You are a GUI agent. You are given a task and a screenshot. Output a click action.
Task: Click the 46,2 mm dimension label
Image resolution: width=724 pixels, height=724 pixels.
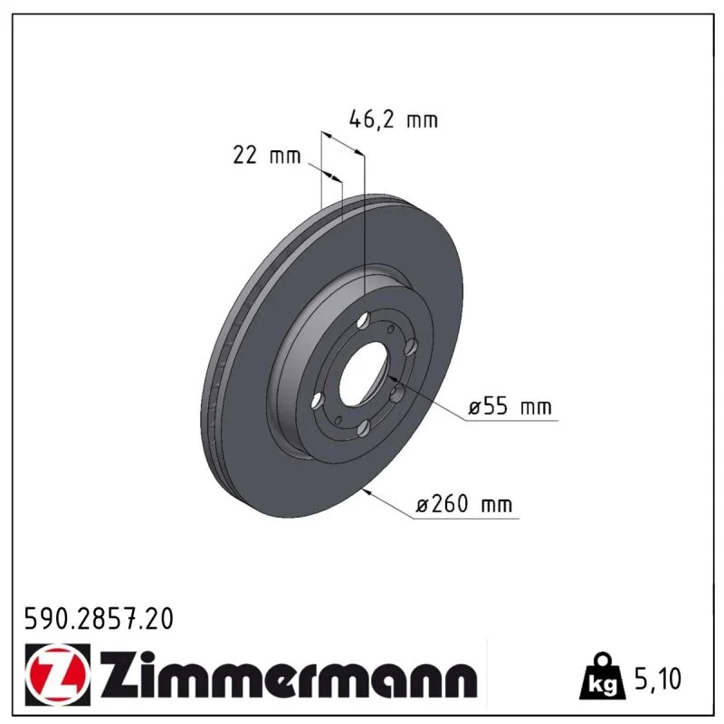point(394,119)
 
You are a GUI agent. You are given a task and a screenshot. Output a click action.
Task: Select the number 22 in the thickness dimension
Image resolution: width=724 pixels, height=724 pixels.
point(244,155)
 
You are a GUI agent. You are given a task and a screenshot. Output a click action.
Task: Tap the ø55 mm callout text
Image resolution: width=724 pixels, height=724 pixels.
point(510,406)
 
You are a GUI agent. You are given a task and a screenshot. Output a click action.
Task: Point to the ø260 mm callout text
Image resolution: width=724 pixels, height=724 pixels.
point(464,504)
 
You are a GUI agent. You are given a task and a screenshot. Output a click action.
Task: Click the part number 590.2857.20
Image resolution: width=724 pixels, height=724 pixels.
point(99,619)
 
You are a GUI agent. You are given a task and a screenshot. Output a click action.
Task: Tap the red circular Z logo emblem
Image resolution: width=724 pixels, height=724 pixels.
point(58,674)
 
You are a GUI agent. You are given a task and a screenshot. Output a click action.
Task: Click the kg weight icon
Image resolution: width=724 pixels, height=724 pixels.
point(603,677)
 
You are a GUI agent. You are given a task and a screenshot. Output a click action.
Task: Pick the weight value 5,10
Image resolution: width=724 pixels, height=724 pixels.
point(658,679)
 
